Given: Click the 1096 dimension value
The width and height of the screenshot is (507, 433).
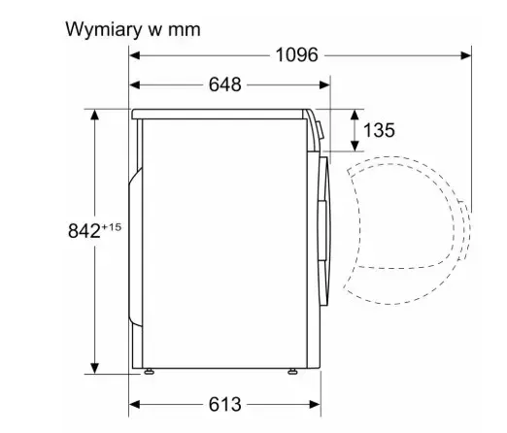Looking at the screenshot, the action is click(296, 55).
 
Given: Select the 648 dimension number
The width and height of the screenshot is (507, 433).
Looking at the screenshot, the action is click(225, 84).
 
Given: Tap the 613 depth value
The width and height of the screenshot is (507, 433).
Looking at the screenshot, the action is click(225, 404).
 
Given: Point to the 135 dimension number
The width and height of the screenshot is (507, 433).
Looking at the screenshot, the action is click(379, 130).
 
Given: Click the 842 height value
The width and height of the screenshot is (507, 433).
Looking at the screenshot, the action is click(84, 231).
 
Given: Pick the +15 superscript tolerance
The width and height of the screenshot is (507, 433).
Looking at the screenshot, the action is click(112, 227).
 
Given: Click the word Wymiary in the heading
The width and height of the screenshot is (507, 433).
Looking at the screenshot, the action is click(104, 30).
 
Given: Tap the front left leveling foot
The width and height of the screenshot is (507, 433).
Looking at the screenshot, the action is click(149, 372).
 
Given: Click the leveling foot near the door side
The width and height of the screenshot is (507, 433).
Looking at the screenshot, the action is click(292, 372).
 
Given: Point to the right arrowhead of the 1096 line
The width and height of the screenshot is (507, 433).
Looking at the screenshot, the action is click(465, 55).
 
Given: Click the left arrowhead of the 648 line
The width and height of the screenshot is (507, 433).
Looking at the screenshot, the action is click(135, 85).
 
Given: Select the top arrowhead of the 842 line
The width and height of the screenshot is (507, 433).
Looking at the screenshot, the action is click(94, 115).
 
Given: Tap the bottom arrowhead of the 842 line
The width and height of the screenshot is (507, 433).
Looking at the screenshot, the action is click(94, 368).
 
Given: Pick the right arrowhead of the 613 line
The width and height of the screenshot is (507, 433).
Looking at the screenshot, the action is click(316, 405).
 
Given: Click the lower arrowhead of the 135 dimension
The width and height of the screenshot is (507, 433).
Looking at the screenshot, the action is click(355, 146).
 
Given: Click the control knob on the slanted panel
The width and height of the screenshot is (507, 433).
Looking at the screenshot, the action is click(320, 130).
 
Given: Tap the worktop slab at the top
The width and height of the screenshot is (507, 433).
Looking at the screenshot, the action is click(220, 115).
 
